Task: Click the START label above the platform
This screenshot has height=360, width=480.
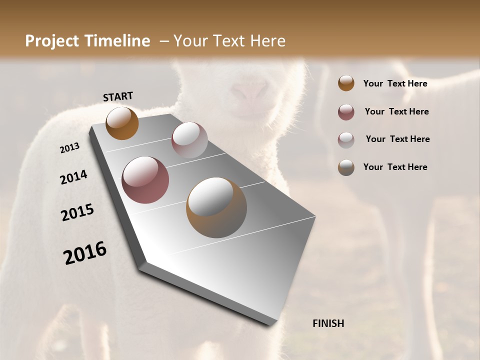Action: tap(118, 96)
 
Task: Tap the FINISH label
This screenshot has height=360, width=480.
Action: tap(328, 323)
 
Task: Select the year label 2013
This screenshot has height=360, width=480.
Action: tap(70, 148)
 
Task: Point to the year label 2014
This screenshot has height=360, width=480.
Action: tap(74, 177)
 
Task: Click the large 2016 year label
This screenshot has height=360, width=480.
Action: tap(85, 253)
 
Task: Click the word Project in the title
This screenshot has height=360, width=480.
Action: tap(52, 41)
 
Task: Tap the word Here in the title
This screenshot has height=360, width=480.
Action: tap(267, 41)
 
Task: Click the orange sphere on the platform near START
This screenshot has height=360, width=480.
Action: tap(122, 123)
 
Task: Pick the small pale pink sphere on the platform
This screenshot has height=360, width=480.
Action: tap(189, 140)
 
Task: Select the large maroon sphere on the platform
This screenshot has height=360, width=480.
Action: tap(145, 180)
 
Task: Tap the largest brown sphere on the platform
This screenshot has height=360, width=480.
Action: tap(216, 207)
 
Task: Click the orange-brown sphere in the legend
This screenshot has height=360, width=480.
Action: tap(346, 83)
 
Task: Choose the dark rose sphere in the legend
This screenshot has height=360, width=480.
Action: tap(346, 112)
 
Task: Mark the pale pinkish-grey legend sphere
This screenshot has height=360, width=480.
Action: tap(346, 139)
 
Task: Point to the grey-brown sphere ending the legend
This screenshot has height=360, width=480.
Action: tap(346, 167)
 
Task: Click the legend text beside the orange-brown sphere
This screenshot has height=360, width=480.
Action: tap(395, 83)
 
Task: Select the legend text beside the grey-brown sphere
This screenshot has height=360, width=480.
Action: tap(395, 167)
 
